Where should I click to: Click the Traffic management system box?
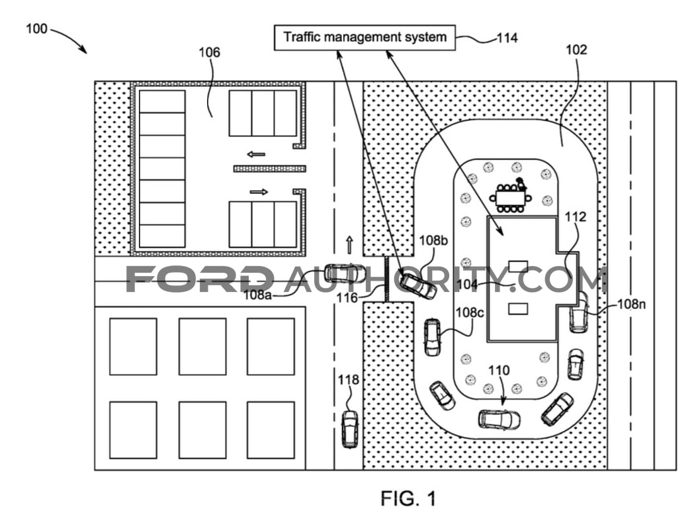coord(365,37)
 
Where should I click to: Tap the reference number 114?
coord(507,38)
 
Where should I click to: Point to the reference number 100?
coord(36,29)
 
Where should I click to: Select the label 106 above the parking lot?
coord(209,52)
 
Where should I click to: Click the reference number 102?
coord(576,50)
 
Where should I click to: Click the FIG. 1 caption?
coord(408,498)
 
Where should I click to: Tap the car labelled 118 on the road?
coord(350,429)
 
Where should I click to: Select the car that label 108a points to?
coord(343,273)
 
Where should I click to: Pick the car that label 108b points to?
coord(417,286)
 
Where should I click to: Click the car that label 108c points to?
coord(432,337)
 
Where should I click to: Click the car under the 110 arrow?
coord(499,419)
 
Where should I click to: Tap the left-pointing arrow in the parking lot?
coord(256,154)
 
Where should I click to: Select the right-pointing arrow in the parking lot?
coord(259,192)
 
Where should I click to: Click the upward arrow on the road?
coord(349,245)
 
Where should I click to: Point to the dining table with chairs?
coord(511,196)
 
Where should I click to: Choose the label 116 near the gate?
coord(347,298)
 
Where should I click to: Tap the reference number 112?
coord(576,216)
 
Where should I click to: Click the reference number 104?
coord(467,284)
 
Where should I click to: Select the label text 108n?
coord(631,305)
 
